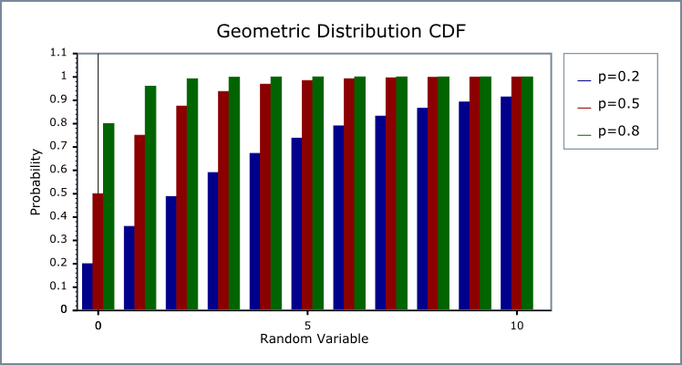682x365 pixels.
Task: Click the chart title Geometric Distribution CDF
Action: [341, 31]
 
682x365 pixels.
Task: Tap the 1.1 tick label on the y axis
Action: [59, 53]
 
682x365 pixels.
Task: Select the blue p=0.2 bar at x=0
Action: [88, 287]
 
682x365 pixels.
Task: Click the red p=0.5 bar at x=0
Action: [98, 252]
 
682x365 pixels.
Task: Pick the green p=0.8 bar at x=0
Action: [108, 216]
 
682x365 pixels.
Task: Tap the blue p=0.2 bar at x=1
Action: [129, 267]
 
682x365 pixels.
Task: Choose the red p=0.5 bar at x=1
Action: [139, 223]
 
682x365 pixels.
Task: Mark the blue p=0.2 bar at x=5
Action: [297, 224]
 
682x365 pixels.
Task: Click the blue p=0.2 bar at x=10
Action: [506, 203]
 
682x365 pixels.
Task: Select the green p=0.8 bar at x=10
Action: [527, 193]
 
